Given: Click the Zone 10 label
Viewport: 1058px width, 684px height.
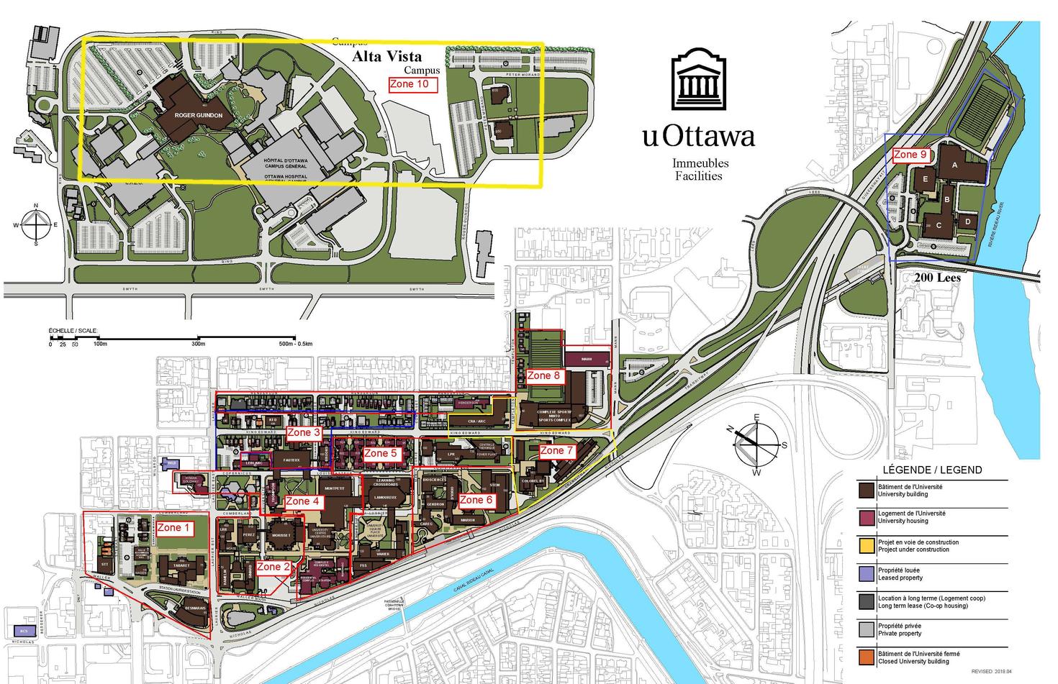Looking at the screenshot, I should pyautogui.click(x=413, y=84).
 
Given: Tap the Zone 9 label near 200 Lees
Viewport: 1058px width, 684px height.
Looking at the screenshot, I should pyautogui.click(x=910, y=155).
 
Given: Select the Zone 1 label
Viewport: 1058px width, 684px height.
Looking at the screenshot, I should pyautogui.click(x=174, y=528).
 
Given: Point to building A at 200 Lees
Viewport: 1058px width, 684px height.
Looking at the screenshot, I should pyautogui.click(x=955, y=165).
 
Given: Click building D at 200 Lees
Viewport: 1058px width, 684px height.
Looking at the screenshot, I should pyautogui.click(x=968, y=222).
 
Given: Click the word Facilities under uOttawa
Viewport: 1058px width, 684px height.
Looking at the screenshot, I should pyautogui.click(x=697, y=176).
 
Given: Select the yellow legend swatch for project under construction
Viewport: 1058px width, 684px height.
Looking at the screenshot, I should pyautogui.click(x=867, y=545).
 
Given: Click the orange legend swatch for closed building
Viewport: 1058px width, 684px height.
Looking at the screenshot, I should pyautogui.click(x=867, y=657).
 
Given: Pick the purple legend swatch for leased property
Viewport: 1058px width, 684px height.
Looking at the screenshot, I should pyautogui.click(x=867, y=573).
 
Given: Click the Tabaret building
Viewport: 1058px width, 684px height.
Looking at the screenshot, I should pyautogui.click(x=181, y=565).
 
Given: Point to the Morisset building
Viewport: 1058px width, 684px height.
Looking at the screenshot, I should pyautogui.click(x=280, y=536).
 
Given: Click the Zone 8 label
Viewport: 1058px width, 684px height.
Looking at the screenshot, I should pyautogui.click(x=543, y=375).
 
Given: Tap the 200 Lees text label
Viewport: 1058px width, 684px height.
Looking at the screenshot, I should pyautogui.click(x=937, y=277).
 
